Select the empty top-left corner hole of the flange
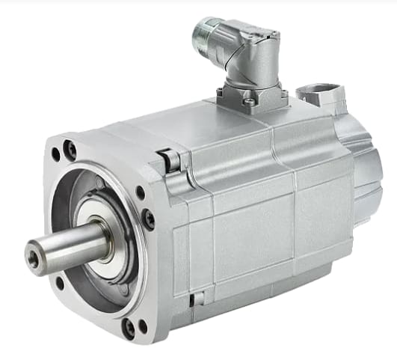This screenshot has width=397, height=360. pos(56,155)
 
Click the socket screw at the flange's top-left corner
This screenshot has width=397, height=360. pos(71,150)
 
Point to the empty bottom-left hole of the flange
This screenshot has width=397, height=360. pos(60,284)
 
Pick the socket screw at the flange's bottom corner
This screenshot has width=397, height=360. pos(129,327)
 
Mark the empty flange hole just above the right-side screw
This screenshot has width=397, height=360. pos(140,192)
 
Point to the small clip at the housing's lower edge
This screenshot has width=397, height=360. pos(197,300)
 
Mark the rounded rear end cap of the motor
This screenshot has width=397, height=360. pos(367,168)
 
